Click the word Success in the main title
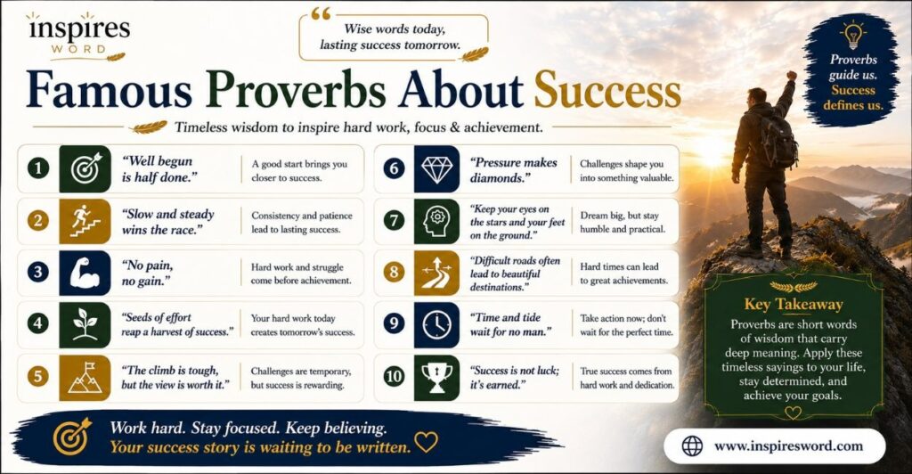click(x=607, y=90)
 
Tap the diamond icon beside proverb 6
click(x=436, y=169)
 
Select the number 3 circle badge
click(x=37, y=272)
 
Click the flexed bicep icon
click(x=85, y=274)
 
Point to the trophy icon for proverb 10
click(x=436, y=377)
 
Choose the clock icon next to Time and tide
click(x=436, y=324)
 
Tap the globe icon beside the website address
click(x=692, y=446)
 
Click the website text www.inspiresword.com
click(x=788, y=446)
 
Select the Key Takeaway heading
click(x=794, y=304)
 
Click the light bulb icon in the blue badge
click(x=852, y=35)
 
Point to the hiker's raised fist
click(x=791, y=76)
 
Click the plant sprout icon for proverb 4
click(x=85, y=324)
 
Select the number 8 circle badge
click(x=394, y=272)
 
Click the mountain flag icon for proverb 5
click(x=85, y=378)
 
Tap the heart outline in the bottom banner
click(x=426, y=442)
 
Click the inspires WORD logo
click(x=77, y=36)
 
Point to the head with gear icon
click(x=436, y=221)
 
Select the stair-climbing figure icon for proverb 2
click(x=85, y=220)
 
